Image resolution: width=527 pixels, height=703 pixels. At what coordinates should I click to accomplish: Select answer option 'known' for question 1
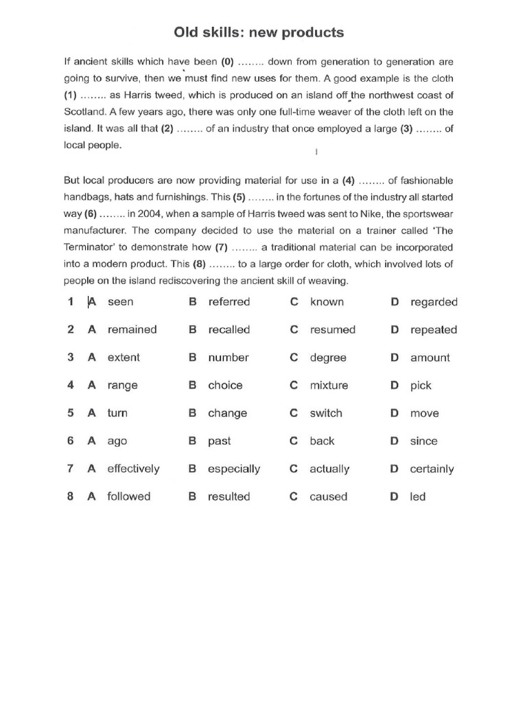tap(327, 302)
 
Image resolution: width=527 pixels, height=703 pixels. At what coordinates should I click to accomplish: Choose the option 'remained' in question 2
tap(132, 330)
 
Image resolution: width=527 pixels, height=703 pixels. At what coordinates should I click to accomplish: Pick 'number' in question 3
tap(229, 358)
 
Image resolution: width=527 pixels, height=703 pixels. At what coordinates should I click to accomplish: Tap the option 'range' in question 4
tap(122, 386)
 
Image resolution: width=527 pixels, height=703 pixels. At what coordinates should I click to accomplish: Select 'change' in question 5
tap(228, 413)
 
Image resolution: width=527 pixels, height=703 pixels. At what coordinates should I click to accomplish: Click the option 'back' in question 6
tap(322, 441)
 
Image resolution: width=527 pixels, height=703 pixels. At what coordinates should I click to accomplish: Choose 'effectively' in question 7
tap(133, 469)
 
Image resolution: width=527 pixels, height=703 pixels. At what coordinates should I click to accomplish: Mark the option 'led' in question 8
tap(418, 497)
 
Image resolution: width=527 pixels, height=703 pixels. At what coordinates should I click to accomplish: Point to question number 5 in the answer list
tap(71, 413)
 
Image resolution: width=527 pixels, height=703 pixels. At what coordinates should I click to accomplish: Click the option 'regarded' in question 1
tap(434, 302)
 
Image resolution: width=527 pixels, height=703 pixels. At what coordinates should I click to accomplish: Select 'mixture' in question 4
tap(329, 386)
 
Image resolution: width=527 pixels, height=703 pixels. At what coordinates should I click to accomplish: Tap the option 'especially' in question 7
tap(234, 470)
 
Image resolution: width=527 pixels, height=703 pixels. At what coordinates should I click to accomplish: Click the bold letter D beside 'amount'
tap(395, 358)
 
